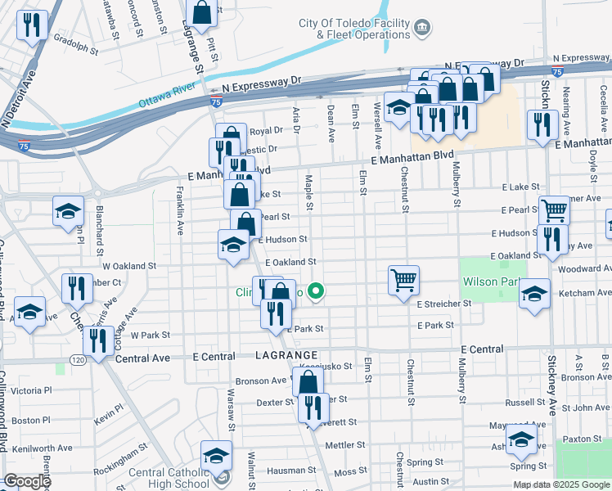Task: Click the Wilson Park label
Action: tap(491, 282)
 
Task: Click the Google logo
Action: tap(27, 481)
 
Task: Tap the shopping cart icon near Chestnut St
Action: tap(404, 280)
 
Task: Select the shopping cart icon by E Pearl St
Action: tap(554, 210)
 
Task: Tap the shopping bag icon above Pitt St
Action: tap(201, 12)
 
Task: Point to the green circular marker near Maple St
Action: tap(317, 291)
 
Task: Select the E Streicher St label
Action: tap(444, 304)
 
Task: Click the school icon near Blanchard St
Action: tap(69, 210)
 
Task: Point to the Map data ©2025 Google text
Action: tap(560, 484)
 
